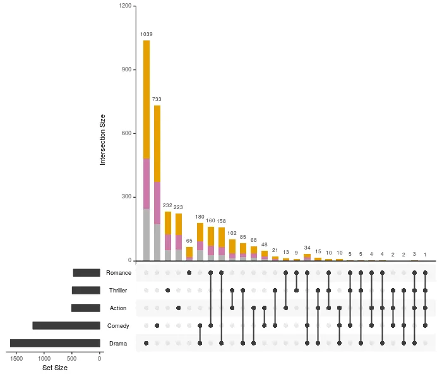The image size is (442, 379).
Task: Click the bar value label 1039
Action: pos(146,34)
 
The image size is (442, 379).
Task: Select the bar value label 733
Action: pos(157,99)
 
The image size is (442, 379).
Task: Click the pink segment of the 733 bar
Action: pos(157,203)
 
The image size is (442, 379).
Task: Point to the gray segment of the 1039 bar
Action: pos(146,234)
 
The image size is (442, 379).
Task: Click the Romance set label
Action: pos(119,273)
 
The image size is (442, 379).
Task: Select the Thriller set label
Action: pos(118,291)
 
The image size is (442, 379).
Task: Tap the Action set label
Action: pos(118,308)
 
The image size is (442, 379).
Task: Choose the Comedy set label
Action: pos(118,326)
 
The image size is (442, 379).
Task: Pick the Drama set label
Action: pos(118,344)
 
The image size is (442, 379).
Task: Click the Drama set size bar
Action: pos(55,344)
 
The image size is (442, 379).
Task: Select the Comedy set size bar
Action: pos(66,326)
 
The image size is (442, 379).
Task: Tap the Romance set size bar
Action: pos(87,273)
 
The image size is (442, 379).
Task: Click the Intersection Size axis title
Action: pos(102,139)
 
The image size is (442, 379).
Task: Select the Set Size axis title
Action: pos(55,368)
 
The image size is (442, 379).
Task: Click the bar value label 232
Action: pos(168,205)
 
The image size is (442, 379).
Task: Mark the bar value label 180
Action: pos(200,217)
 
